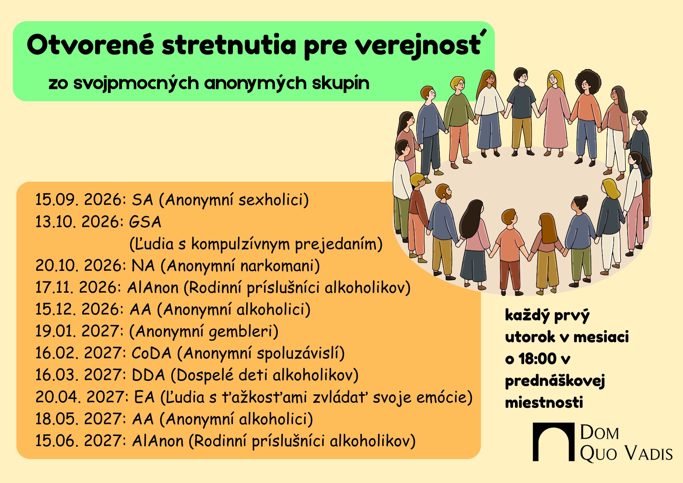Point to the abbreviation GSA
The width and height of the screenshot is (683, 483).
click(x=145, y=222)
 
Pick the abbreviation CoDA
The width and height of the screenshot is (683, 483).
click(x=152, y=353)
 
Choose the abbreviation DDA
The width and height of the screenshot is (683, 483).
click(x=149, y=375)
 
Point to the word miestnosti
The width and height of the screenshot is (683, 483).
click(x=544, y=402)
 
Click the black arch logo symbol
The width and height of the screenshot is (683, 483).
click(x=553, y=442)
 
